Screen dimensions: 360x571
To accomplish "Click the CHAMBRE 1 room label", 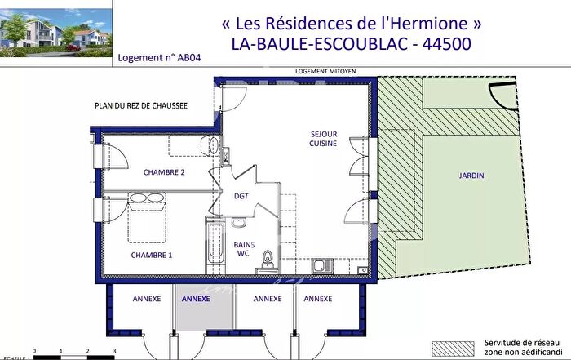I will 152,256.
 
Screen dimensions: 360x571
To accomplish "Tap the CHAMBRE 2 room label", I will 164,172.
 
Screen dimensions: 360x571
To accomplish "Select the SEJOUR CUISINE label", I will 324,138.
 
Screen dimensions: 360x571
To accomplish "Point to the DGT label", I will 241,196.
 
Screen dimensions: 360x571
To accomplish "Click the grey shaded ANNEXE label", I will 195,300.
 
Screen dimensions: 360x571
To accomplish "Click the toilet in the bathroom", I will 266,260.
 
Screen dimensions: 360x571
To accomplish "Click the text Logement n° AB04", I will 158,58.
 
